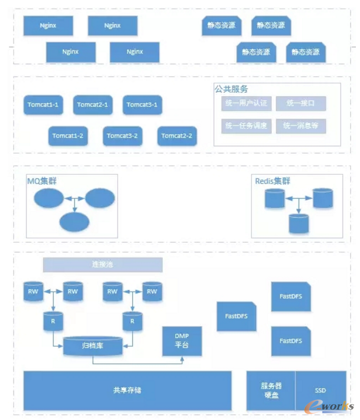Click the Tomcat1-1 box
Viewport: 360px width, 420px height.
pos(43,105)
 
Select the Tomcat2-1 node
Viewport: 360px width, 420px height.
pos(93,105)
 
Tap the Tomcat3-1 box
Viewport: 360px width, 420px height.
pos(143,105)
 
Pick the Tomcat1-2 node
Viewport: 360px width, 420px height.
pos(68,136)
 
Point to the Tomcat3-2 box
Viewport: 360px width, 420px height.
pos(122,136)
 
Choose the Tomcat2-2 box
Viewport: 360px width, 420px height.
pos(177,136)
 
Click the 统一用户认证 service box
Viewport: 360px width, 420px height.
pos(246,104)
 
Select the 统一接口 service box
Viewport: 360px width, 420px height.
pos(301,104)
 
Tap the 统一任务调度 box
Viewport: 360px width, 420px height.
pos(246,126)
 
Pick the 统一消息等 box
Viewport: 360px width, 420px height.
pos(301,126)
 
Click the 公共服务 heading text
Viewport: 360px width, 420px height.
pos(231,89)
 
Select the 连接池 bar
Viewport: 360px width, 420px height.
pos(103,265)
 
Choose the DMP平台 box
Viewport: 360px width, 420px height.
pos(182,341)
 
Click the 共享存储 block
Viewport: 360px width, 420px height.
pos(127,390)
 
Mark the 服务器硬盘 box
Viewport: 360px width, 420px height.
pos(271,391)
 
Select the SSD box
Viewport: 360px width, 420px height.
pos(320,390)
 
